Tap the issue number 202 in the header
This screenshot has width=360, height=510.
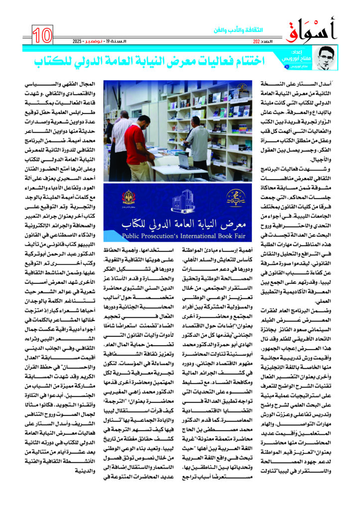256,41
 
